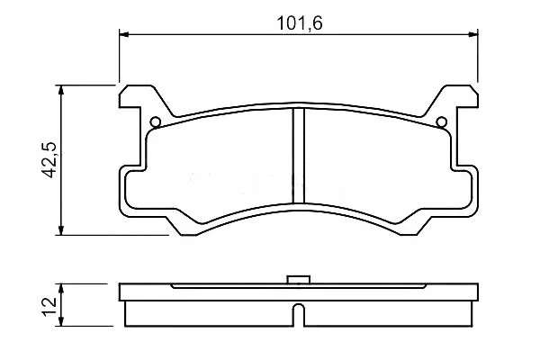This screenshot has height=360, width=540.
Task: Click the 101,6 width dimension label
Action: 300,23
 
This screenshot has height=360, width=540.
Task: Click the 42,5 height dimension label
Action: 49,159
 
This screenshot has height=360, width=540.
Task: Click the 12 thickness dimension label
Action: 49,306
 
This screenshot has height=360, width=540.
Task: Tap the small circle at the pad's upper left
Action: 156,122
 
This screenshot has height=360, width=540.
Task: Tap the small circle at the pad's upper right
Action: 442,122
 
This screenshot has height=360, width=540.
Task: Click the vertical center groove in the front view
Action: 299,156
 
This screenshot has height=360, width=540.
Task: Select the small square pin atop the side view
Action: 299,279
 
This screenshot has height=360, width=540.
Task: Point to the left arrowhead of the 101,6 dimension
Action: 123,34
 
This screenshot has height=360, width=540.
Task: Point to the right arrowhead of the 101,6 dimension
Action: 473,34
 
